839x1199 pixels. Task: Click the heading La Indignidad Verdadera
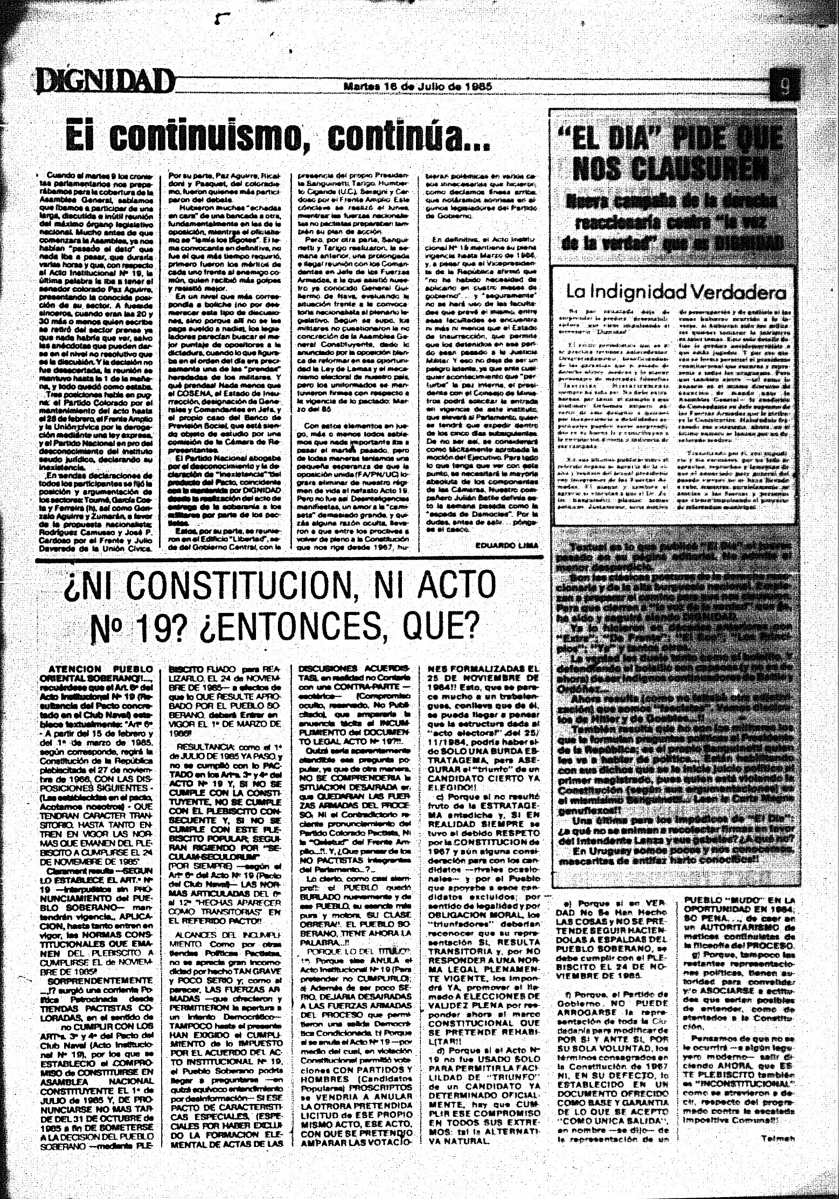tap(676, 292)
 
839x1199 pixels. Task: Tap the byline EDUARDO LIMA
tap(507, 545)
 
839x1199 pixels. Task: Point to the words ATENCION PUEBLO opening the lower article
tap(101, 668)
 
